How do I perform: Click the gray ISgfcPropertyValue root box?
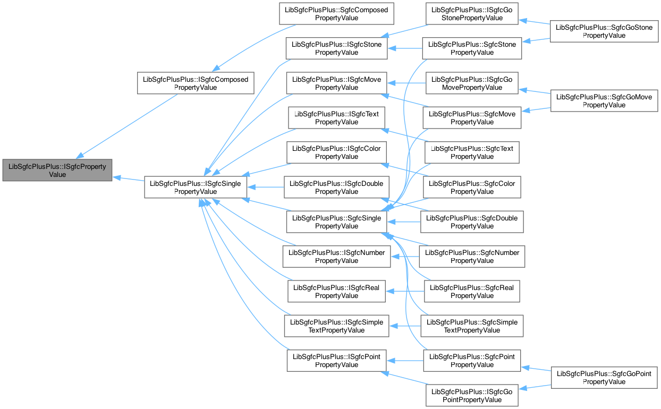57,170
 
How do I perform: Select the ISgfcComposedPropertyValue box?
196,83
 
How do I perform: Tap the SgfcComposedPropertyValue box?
336,14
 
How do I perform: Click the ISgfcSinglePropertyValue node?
196,188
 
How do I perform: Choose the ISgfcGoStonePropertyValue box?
472,14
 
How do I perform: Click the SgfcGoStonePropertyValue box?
604,31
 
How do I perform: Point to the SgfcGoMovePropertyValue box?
604,101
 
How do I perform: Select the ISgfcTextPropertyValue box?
336,118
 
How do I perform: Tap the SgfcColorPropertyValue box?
472,188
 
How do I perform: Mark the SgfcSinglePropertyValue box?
336,222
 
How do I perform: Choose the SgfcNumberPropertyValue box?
472,257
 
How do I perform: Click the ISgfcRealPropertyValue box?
336,292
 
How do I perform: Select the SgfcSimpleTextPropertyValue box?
472,326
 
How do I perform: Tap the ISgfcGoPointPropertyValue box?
472,396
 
